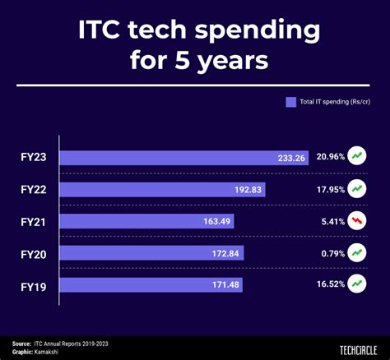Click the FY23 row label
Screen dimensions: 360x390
pyautogui.click(x=33, y=156)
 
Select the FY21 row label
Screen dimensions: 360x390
pyautogui.click(x=33, y=220)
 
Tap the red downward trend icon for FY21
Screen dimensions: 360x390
pyautogui.click(x=357, y=220)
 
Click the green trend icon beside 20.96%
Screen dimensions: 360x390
pyautogui.click(x=357, y=155)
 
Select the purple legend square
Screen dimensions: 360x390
pyautogui.click(x=290, y=103)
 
